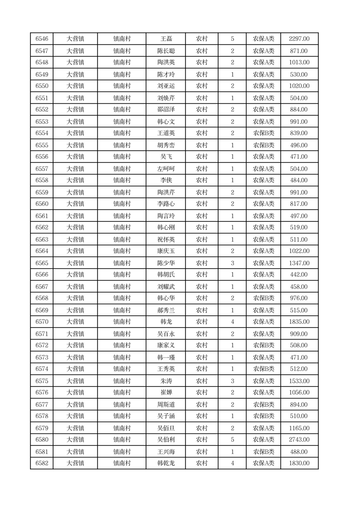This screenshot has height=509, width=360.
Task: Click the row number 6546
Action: pos(42,39)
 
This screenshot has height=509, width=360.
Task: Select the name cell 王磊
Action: pos(166,39)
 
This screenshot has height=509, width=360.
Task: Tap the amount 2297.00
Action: pos(299,39)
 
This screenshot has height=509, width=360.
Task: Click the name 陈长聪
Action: pos(166,51)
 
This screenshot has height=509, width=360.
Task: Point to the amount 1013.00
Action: pos(299,63)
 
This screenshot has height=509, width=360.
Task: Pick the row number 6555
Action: pos(42,145)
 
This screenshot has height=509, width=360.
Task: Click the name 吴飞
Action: pos(166,157)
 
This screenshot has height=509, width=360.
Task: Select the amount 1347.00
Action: pos(299,263)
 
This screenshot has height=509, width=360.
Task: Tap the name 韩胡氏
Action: pos(166,275)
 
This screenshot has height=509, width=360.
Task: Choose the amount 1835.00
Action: pos(299,322)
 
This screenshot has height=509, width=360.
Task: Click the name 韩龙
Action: pos(166,322)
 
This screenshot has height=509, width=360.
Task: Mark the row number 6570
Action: pos(42,322)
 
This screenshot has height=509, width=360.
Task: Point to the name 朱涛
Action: pos(166,381)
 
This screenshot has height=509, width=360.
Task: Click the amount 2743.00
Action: pos(299,440)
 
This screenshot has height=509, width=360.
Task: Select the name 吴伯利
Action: pos(166,440)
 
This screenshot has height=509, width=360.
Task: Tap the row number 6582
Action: pos(42,463)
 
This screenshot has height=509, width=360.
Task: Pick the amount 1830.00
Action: pos(299,463)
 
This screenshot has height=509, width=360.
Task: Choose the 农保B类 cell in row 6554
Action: pos(263,133)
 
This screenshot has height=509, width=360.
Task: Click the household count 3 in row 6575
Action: pos(233,381)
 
